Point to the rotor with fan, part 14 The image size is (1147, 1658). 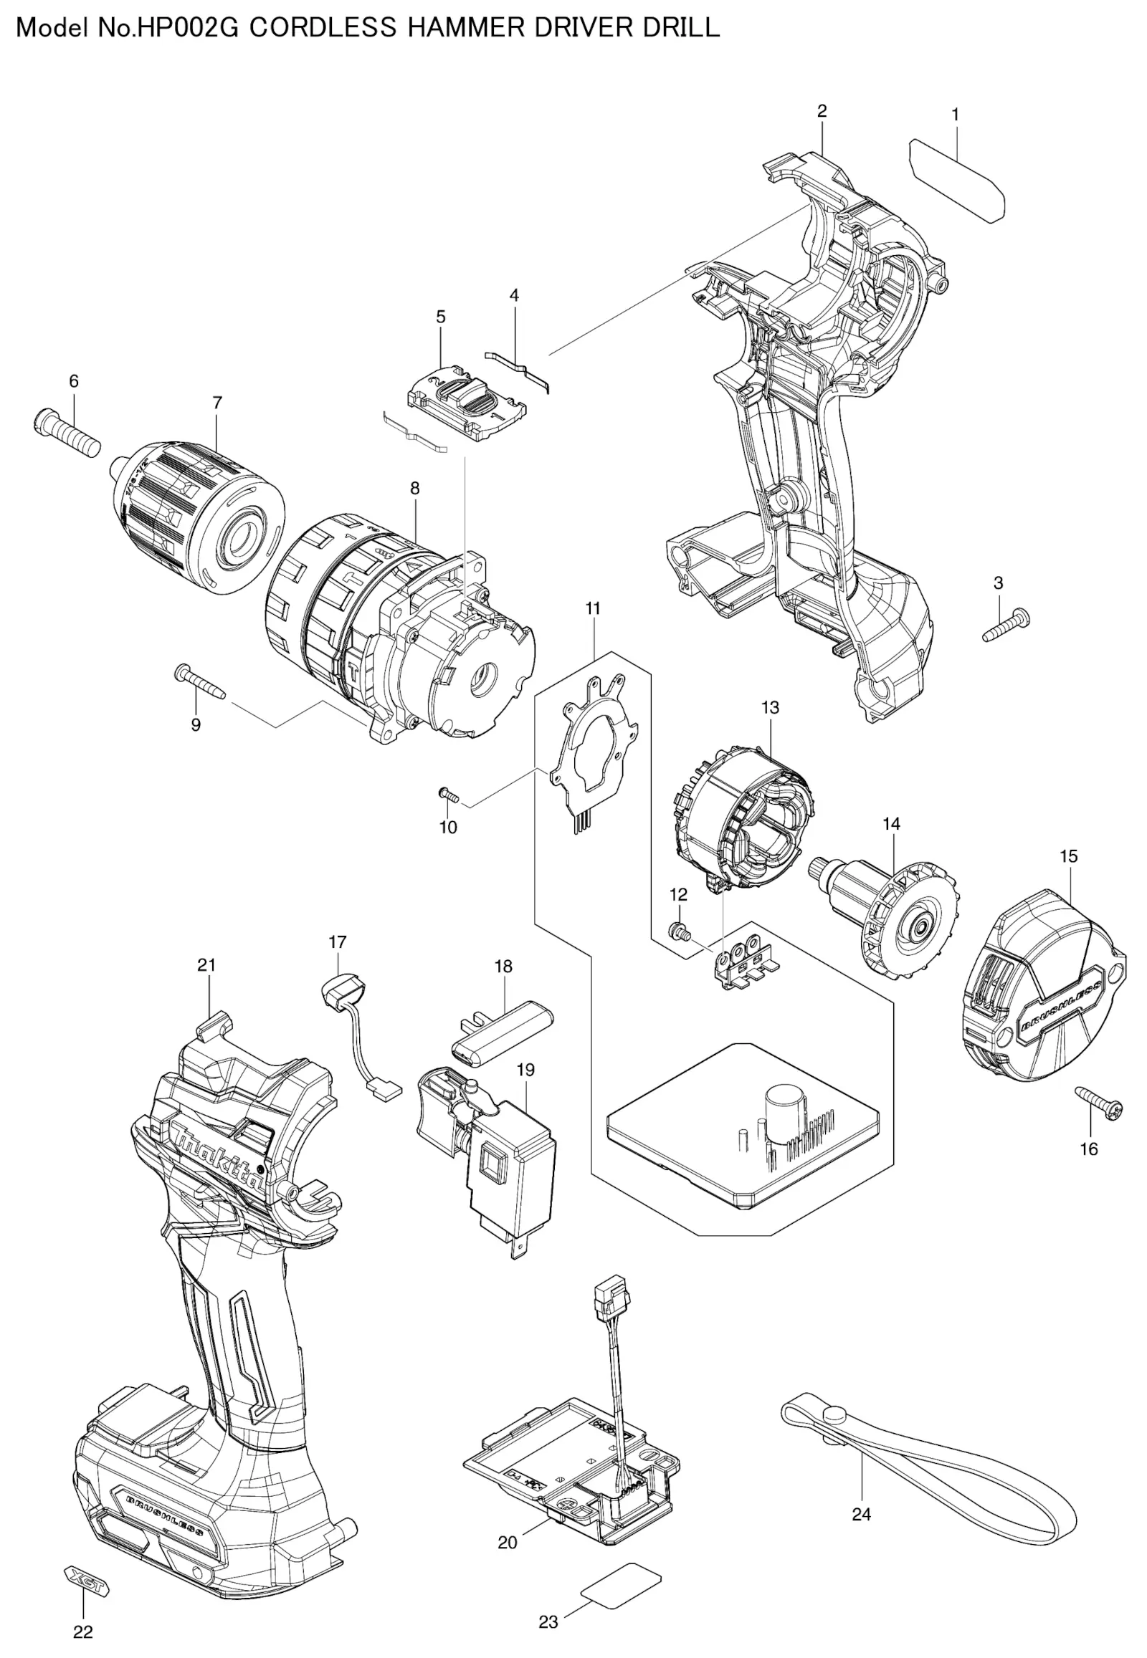[885, 908]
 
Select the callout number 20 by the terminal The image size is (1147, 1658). [508, 1543]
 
